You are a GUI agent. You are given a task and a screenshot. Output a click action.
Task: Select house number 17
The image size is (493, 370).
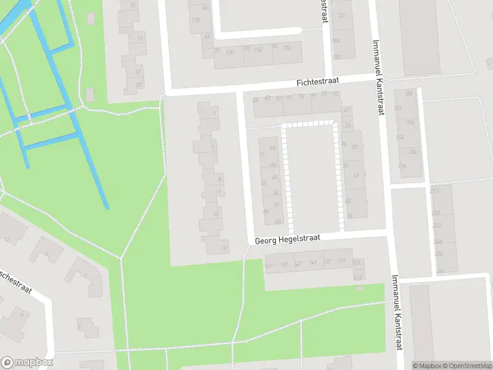pyautogui.click(x=224, y=248)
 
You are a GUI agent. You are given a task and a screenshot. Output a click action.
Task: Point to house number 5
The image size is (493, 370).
pyautogui.click(x=213, y=147)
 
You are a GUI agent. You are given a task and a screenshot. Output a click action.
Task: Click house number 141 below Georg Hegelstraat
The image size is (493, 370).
pyautogui.click(x=313, y=263)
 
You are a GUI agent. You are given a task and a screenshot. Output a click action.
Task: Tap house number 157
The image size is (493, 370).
pyautogui.click(x=268, y=266)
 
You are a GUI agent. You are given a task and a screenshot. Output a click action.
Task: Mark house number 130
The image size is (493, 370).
pyautogui.click(x=230, y=52)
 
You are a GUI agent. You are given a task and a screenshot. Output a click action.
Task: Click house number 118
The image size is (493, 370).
pyautogui.click(x=196, y=20)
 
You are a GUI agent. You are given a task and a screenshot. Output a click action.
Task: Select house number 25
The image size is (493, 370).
pyautogui.click(x=139, y=85)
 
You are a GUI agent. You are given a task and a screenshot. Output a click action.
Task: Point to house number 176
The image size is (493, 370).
pyautogui.click(x=403, y=166)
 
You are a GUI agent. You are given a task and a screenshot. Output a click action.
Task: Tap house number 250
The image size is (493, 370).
pyautogui.click(x=439, y=253)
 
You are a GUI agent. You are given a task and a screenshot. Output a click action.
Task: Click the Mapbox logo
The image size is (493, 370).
pyautogui.click(x=27, y=363)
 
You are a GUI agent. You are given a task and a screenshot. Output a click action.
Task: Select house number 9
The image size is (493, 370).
pyautogui.click(x=220, y=179)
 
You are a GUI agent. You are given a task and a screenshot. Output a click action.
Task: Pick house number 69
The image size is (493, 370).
pyautogui.click(x=356, y=176)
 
